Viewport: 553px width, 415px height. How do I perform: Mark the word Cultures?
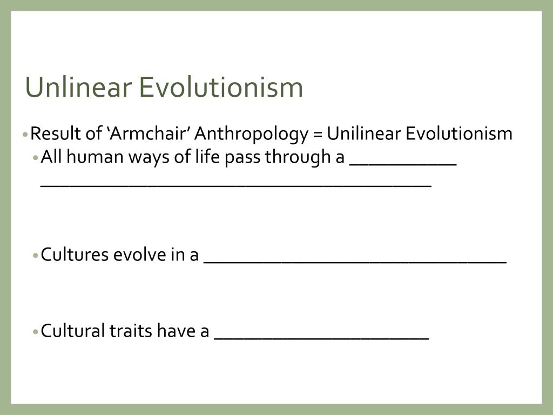75,254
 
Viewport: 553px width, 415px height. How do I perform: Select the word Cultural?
72,330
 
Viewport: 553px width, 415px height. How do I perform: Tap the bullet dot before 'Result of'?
26,134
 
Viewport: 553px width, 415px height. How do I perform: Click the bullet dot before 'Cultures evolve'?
36,255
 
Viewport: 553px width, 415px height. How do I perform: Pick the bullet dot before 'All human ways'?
36,158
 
